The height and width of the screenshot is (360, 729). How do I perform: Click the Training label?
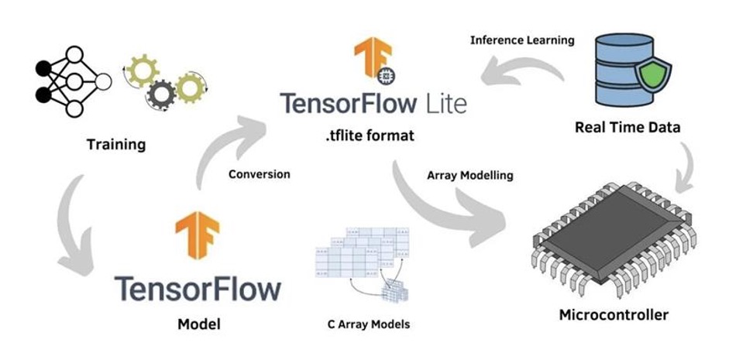(x=116, y=144)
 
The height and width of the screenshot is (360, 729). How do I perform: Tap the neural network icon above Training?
(x=67, y=81)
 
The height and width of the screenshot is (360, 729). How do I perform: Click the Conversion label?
(x=259, y=174)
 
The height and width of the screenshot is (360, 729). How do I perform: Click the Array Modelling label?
(x=470, y=175)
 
